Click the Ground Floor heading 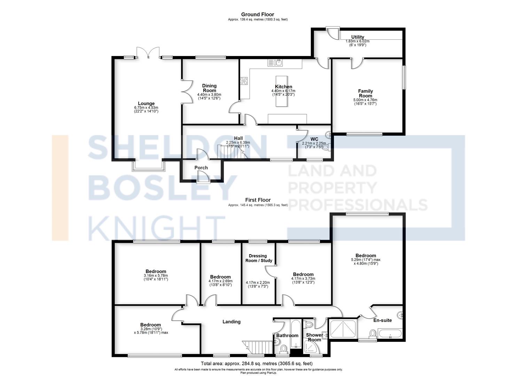[258, 14]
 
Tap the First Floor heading [258, 200]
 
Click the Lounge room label [146, 103]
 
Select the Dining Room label [209, 88]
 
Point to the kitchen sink [275, 63]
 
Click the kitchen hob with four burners [244, 81]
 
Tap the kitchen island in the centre [282, 92]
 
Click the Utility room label [358, 37]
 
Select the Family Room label [365, 93]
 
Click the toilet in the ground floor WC [326, 147]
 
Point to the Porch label [201, 167]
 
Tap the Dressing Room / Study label [258, 258]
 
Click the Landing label [231, 322]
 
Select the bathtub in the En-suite [390, 334]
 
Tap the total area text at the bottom [257, 363]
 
